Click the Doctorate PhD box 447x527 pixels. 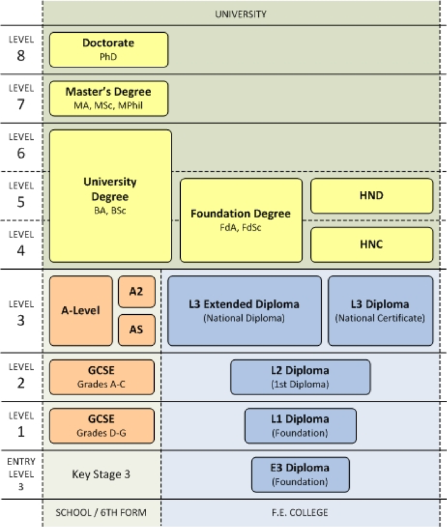click(108, 49)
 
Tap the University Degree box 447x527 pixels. click(110, 195)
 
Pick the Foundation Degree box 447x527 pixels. click(241, 220)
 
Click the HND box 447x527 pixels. click(371, 195)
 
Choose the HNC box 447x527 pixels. click(371, 244)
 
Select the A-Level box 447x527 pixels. click(80, 311)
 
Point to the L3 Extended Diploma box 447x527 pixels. click(244, 311)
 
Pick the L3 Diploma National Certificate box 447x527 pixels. click(380, 311)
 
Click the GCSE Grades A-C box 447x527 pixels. click(102, 377)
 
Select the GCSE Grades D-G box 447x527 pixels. click(102, 426)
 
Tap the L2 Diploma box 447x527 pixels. click(300, 377)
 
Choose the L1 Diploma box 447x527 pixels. click(300, 426)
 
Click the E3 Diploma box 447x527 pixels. click(300, 474)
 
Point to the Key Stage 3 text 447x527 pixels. click(102, 474)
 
